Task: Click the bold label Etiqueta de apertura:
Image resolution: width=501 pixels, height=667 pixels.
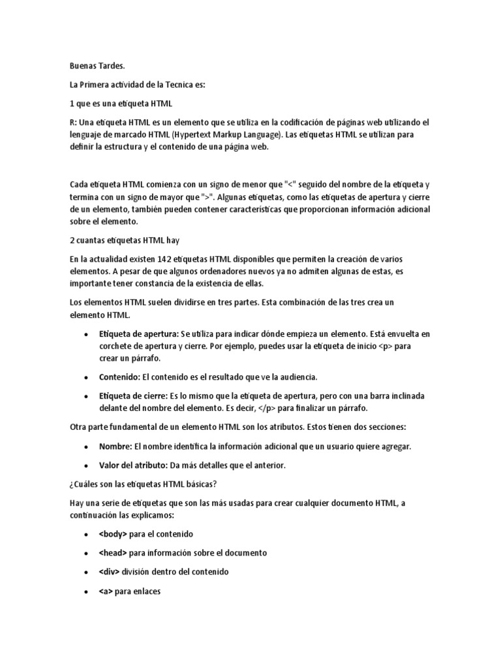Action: tap(138, 333)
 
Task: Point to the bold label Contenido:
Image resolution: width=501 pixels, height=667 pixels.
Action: tap(119, 377)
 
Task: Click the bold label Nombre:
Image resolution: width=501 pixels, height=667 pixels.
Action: tap(115, 446)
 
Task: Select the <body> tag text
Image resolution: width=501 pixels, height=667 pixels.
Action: tap(114, 534)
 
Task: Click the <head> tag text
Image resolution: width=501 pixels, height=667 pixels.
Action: tap(114, 553)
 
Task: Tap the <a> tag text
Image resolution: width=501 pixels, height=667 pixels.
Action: tap(106, 591)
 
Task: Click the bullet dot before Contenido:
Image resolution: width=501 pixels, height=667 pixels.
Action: tap(87, 378)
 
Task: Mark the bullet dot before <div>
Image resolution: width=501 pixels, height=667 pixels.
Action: tap(87, 573)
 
